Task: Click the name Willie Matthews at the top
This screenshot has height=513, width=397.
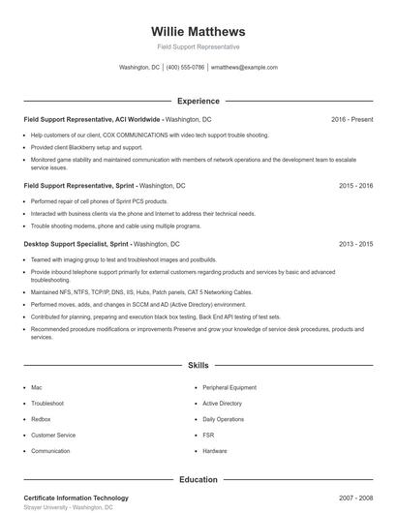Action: coord(198,31)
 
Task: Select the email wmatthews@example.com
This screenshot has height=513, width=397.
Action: coord(244,68)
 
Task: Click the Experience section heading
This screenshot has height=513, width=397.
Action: coord(198,101)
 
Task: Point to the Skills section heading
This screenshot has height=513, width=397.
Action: coord(198,365)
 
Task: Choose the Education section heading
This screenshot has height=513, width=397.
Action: coord(198,479)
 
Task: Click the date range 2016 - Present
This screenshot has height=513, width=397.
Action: coord(351,119)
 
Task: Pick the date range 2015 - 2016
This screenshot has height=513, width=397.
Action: coord(355,184)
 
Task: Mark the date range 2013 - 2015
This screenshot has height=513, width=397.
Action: coord(355,245)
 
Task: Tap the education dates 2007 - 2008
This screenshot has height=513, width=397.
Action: coord(355,498)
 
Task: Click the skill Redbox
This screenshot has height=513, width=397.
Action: coord(41,419)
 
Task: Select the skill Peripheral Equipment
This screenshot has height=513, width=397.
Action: coord(229,387)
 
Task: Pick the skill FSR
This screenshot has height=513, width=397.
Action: coord(208,436)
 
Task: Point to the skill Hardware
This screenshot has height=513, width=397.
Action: coord(215,451)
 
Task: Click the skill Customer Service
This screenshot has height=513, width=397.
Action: coord(53,436)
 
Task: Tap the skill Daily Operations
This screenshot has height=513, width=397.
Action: coord(223,419)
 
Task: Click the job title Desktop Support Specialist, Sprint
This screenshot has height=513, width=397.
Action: coord(76,245)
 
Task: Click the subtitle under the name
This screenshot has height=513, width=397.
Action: coord(198,46)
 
